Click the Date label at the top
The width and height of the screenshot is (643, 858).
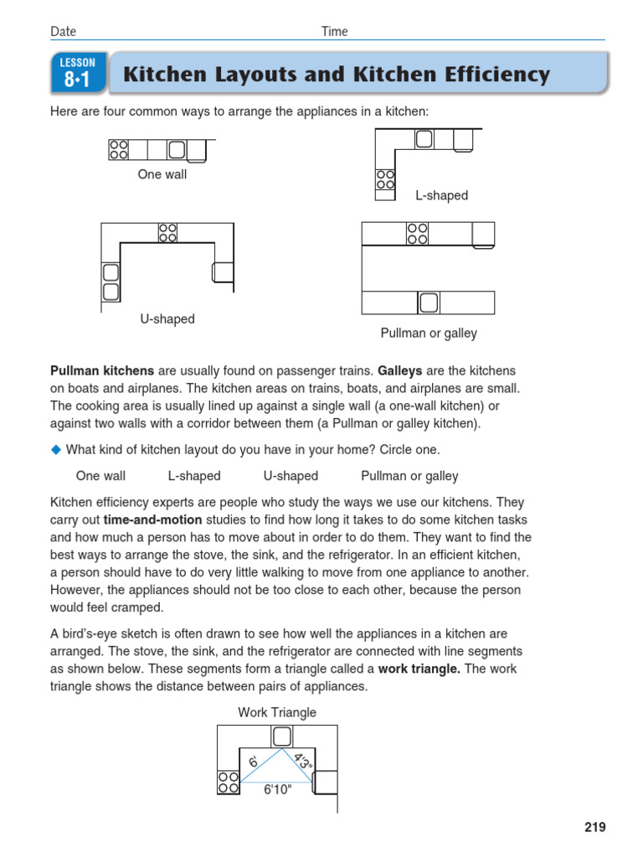click(x=63, y=32)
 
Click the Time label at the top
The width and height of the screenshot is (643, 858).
click(x=334, y=32)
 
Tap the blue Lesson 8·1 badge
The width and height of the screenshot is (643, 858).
click(x=78, y=73)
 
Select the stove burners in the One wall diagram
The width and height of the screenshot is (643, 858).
click(x=118, y=150)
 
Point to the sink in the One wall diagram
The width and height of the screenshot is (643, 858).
click(x=177, y=150)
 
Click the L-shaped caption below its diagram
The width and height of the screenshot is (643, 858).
click(x=441, y=196)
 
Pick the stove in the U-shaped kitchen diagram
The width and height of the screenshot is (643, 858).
click(x=167, y=232)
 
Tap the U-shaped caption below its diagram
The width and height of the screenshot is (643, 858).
click(x=167, y=319)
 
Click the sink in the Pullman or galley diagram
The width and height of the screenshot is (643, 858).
click(x=429, y=302)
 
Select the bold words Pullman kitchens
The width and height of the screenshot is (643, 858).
click(x=102, y=370)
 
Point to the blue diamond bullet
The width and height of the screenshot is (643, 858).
click(x=56, y=449)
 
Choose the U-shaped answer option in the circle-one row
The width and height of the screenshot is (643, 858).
click(x=291, y=476)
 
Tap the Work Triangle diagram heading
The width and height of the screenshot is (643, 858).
click(x=277, y=712)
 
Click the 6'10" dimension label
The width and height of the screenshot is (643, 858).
click(x=277, y=789)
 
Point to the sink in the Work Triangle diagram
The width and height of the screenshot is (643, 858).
click(x=282, y=737)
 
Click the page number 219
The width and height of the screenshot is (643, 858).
click(x=594, y=827)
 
